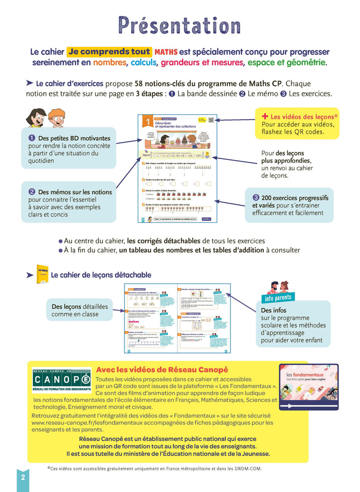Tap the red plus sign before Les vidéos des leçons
point(265,116)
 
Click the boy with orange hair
point(57,118)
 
